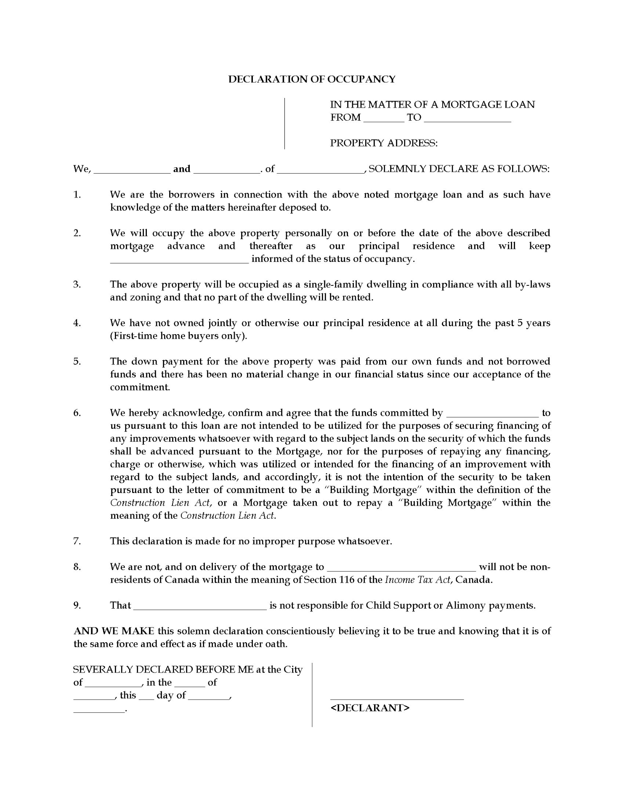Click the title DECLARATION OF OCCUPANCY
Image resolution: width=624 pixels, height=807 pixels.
click(312, 79)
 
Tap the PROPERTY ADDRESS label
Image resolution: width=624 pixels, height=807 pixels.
click(384, 143)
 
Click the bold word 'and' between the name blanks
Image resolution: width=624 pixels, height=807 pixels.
click(182, 169)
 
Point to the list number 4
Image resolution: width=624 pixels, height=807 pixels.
click(77, 323)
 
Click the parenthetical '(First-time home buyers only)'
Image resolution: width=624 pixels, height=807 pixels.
click(178, 336)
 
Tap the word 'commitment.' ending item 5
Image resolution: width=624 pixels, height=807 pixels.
click(140, 387)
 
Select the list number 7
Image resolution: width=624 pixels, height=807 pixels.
click(77, 541)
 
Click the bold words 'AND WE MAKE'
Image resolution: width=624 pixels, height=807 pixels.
click(114, 631)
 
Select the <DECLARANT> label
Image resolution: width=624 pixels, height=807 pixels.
click(370, 708)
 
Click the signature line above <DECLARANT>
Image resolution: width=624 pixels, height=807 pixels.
click(397, 698)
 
